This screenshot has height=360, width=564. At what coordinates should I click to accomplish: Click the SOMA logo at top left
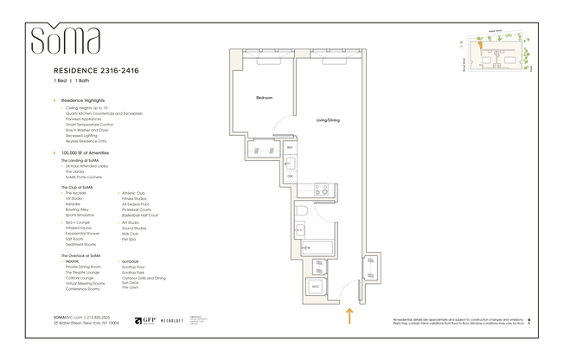(65, 41)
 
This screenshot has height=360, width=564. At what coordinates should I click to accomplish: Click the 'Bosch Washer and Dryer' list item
(88, 130)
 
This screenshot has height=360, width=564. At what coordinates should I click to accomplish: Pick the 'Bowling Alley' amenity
(78, 209)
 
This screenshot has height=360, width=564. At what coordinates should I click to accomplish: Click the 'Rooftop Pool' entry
(133, 267)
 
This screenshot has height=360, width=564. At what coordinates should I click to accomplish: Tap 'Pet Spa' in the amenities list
(130, 238)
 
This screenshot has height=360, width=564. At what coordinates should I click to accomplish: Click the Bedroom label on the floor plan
(264, 98)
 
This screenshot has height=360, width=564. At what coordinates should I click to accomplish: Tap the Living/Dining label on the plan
(327, 119)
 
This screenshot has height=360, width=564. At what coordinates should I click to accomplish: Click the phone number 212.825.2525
(100, 318)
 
